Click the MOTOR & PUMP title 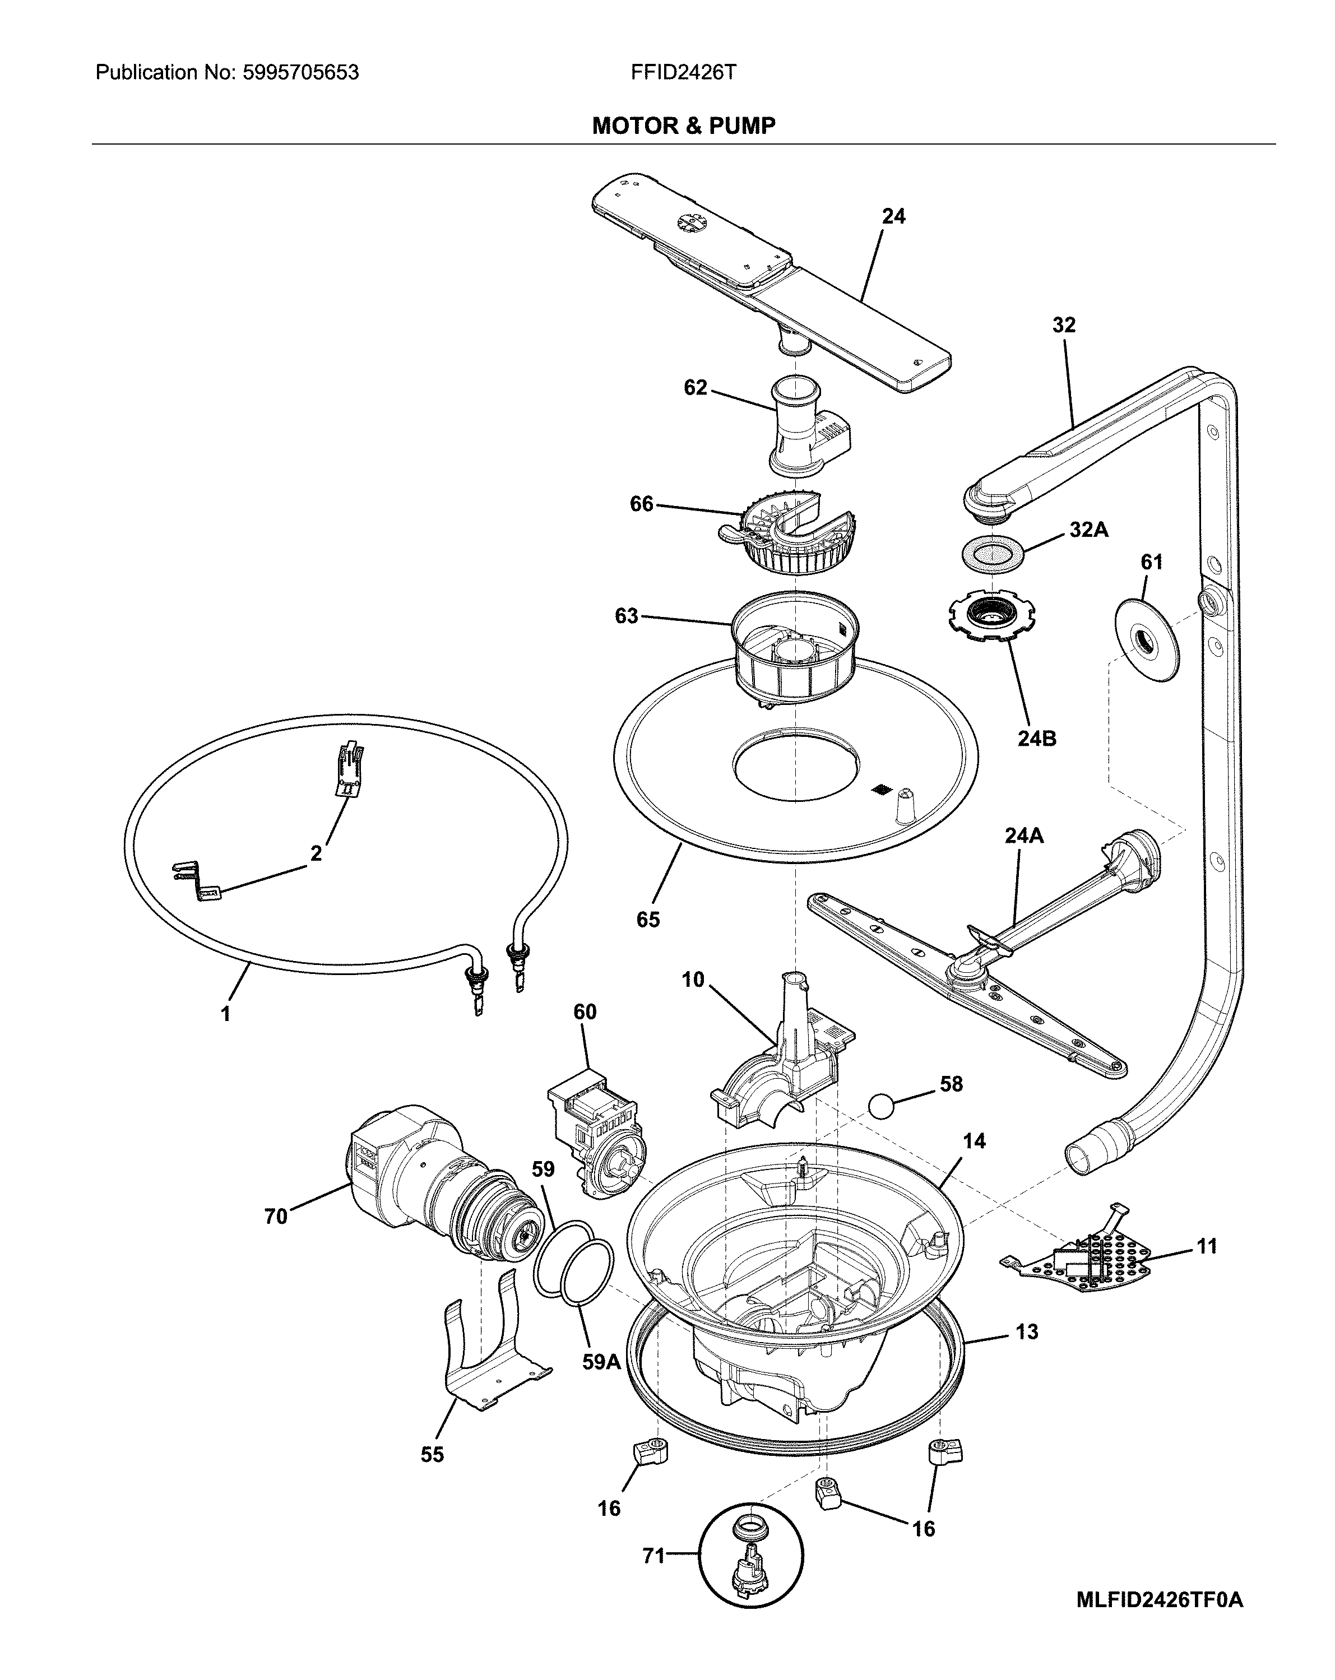click(684, 126)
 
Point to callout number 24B click(1036, 738)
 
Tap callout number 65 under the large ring click(648, 920)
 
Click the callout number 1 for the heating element click(225, 1014)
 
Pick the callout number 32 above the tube click(1063, 325)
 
